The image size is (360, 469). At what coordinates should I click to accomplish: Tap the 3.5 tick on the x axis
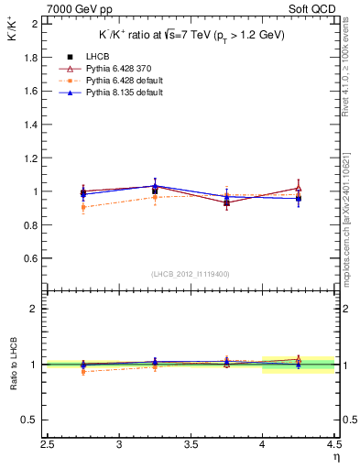pyautogui.click(x=191, y=444)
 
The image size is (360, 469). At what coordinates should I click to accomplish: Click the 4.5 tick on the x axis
pyautogui.click(x=333, y=444)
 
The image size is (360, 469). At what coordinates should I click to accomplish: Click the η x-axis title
pyautogui.click(x=335, y=456)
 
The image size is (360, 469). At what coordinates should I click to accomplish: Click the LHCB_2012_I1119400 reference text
pyautogui.click(x=191, y=274)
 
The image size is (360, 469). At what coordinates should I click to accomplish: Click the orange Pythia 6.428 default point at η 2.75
pyautogui.click(x=83, y=207)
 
